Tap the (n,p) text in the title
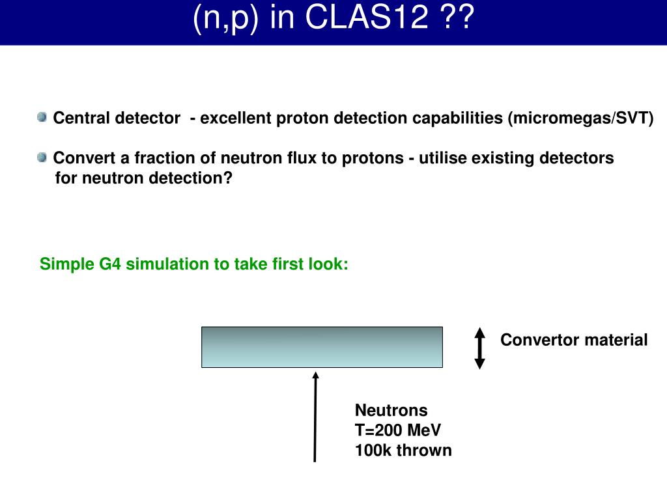tap(227, 19)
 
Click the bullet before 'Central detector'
tap(42, 117)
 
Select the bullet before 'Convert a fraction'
tap(42, 157)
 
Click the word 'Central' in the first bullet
tap(81, 118)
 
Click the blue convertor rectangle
tap(322, 347)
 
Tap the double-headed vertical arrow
tap(480, 348)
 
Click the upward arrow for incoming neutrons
tap(316, 417)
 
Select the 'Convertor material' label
tap(574, 340)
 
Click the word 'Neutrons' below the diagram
tap(391, 410)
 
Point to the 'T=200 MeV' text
tap(397, 430)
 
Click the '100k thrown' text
tap(403, 451)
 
